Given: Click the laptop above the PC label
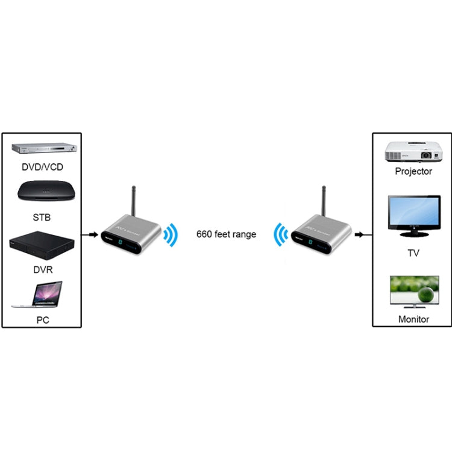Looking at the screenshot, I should tap(39, 295).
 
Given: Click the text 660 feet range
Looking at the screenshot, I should tap(226, 234).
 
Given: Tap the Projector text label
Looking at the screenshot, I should tap(413, 171).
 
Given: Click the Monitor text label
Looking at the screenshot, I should tap(413, 319).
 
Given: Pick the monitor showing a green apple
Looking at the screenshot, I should tap(413, 292).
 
